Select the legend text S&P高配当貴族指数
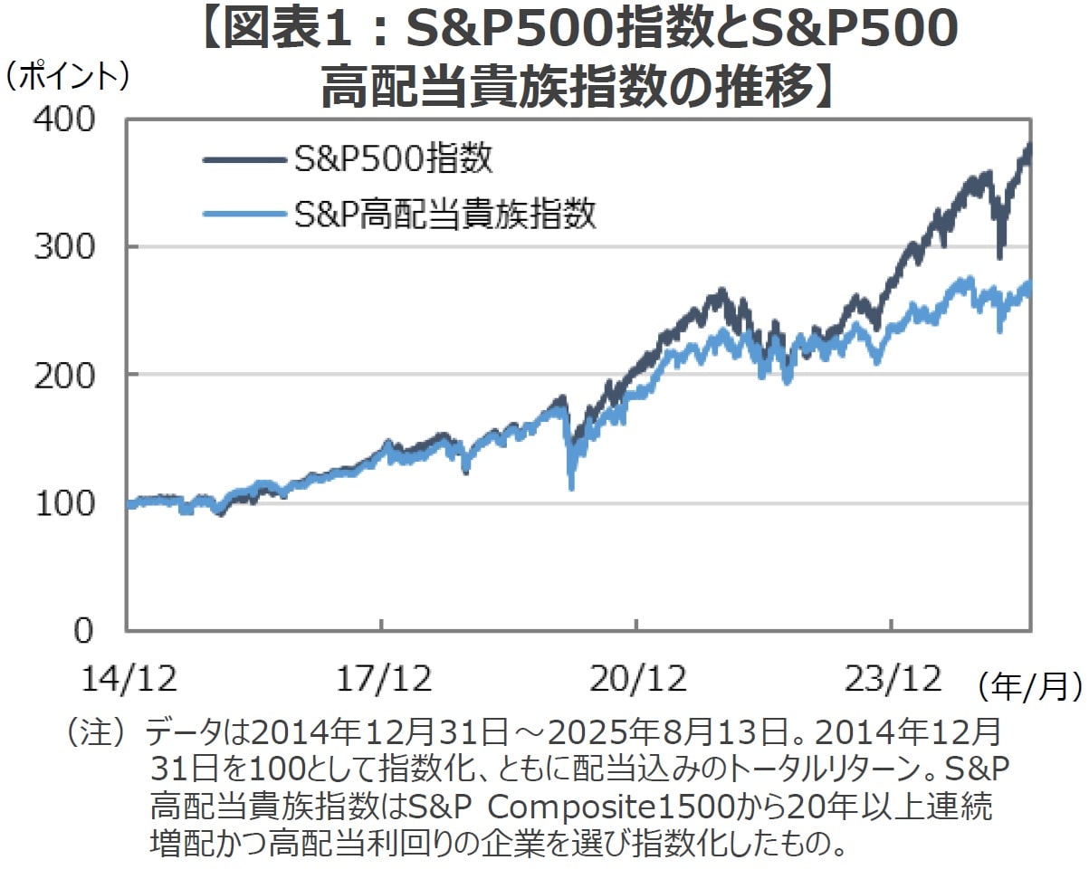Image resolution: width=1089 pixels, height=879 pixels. coord(445,215)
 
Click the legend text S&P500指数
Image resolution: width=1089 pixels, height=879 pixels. coord(394,160)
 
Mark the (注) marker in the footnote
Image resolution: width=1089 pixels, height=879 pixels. coord(95,731)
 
